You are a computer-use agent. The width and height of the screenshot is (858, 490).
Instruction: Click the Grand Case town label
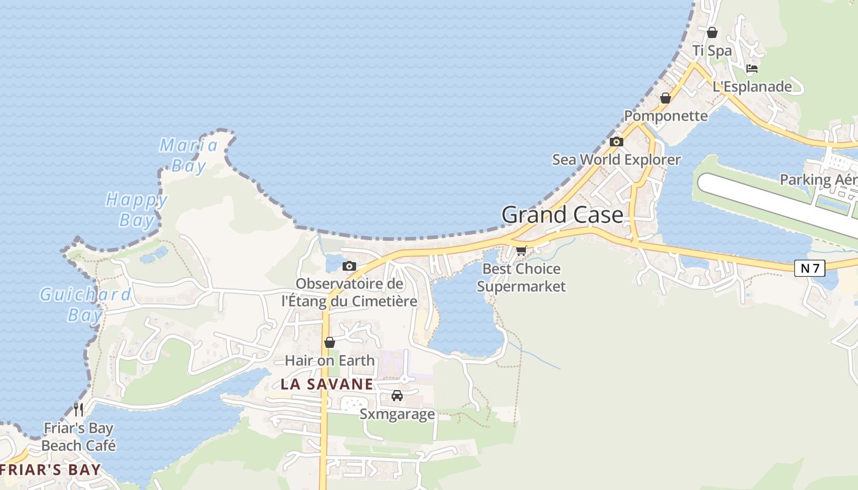(x=562, y=215)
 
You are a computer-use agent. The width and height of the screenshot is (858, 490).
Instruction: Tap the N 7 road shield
(x=810, y=268)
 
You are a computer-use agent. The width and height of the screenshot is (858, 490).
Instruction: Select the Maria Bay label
(x=189, y=155)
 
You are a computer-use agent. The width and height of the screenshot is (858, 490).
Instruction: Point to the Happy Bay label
(x=136, y=209)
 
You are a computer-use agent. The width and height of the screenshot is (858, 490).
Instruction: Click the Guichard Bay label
(x=85, y=304)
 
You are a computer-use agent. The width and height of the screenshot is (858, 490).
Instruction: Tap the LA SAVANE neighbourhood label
(x=327, y=384)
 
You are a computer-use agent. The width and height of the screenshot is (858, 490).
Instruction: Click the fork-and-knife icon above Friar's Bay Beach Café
(x=78, y=409)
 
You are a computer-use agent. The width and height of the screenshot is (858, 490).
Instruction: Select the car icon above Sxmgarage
(x=397, y=396)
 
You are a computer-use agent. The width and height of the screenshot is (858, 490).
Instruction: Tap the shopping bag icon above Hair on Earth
(x=330, y=342)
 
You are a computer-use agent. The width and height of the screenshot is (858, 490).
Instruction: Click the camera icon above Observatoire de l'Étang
(x=349, y=266)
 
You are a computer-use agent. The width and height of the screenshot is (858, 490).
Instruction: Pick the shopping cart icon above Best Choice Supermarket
(x=522, y=251)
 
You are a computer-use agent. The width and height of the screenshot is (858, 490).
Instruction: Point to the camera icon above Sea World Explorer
(x=617, y=142)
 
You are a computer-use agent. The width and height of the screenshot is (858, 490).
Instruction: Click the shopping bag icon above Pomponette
(x=666, y=98)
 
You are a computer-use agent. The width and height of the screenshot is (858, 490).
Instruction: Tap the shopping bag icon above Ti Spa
(x=712, y=32)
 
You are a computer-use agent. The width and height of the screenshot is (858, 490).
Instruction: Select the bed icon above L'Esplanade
(x=752, y=69)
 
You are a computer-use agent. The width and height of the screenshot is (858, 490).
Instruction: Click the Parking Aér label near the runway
(x=818, y=179)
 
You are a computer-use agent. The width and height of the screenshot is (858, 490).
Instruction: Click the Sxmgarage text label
(x=397, y=414)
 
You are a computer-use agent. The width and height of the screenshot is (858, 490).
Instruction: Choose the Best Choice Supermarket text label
(x=522, y=277)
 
